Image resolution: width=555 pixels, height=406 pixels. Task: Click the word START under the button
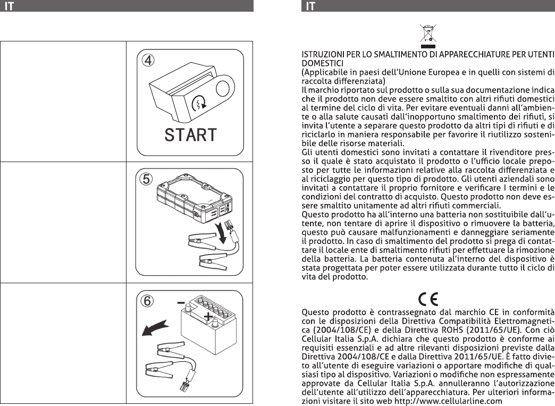[190, 135]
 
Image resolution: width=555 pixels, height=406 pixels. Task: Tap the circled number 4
[148, 60]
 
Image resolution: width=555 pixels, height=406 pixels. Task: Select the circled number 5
[146, 179]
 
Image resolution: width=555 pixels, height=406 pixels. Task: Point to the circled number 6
[147, 301]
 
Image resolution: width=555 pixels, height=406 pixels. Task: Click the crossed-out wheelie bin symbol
[428, 36]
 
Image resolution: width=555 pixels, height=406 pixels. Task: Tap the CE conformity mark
[428, 299]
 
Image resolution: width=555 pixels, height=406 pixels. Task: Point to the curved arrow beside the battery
[155, 328]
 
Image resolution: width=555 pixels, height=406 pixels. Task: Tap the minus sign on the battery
[181, 303]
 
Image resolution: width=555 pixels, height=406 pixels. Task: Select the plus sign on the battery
[208, 316]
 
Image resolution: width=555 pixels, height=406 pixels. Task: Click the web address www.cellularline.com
[448, 401]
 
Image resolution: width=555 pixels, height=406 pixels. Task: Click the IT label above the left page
[9, 6]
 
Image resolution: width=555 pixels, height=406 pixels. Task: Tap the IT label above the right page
[310, 6]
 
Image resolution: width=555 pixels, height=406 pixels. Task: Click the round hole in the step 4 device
[223, 88]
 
